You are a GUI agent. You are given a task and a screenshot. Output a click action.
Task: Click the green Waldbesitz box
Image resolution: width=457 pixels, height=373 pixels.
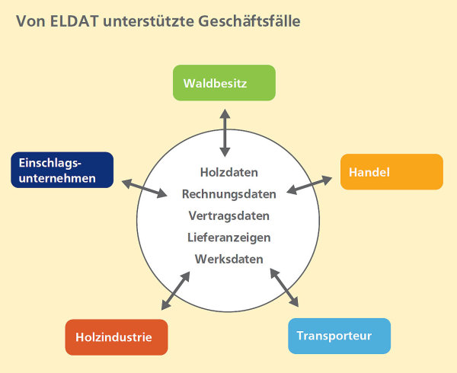[x=224, y=83]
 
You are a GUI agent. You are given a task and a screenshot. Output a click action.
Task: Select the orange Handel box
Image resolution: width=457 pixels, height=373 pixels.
[x=391, y=172]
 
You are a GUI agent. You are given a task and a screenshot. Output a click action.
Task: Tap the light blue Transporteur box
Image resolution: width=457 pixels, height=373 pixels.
[x=339, y=336]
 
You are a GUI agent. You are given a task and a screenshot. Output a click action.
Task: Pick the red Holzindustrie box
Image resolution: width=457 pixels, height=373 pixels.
[x=117, y=337]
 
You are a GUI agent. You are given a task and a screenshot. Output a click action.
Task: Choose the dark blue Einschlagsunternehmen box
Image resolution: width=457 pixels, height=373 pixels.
[x=62, y=170]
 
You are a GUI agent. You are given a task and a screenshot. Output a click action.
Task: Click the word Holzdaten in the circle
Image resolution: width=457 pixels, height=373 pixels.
[x=229, y=172]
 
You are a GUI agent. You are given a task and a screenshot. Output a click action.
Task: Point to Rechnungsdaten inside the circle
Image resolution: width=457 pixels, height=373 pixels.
[x=229, y=194]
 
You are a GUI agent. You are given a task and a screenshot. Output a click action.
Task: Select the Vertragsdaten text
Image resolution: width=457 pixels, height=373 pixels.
[x=229, y=215]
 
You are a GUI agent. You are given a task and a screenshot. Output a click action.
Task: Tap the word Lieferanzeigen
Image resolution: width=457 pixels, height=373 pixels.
[x=229, y=238]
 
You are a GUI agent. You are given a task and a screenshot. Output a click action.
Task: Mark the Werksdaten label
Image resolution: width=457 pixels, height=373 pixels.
[x=229, y=259]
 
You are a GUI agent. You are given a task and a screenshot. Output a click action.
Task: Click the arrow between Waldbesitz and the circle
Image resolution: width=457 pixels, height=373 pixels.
[x=225, y=133]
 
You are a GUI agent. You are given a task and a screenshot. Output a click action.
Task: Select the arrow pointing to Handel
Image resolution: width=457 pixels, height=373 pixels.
[x=309, y=185]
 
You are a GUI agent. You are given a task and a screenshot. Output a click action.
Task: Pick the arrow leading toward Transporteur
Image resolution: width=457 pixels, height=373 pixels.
[x=284, y=288]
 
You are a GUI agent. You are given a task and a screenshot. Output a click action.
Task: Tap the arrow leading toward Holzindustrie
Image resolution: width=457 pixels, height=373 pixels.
[x=175, y=291]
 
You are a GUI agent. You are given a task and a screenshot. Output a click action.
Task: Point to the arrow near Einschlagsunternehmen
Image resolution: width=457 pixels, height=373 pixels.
[x=144, y=189]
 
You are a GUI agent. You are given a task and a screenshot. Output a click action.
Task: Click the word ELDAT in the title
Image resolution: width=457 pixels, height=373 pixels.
[x=74, y=21]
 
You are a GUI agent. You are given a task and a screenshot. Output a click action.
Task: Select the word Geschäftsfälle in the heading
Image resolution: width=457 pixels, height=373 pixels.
[x=249, y=21]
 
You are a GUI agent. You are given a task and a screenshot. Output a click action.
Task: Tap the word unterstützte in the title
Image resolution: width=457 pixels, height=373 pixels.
[x=148, y=21]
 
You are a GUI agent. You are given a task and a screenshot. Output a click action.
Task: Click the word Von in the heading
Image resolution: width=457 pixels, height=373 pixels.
[x=30, y=21]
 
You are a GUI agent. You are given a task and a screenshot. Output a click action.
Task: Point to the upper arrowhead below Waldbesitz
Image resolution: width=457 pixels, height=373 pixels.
[x=225, y=113]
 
